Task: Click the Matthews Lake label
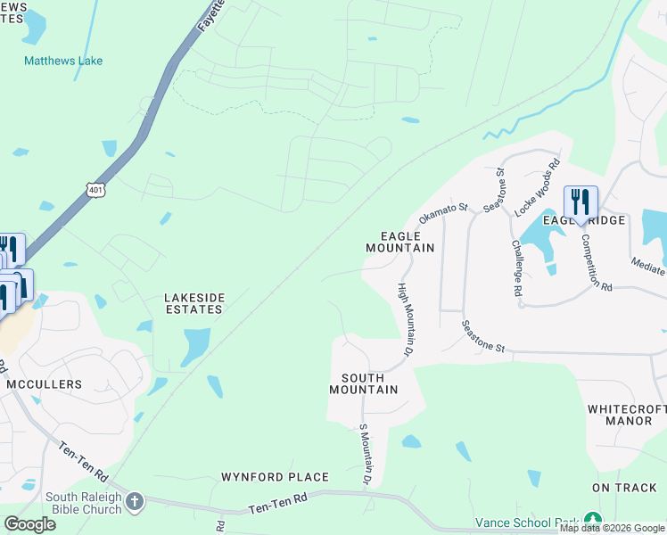click(x=63, y=61)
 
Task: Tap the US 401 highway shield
click(x=96, y=188)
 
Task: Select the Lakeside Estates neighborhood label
click(x=194, y=303)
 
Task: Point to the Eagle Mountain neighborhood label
click(x=400, y=242)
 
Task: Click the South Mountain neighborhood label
click(x=363, y=383)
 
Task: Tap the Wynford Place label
click(x=275, y=477)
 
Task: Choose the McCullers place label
click(x=44, y=384)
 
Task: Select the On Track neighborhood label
click(x=624, y=488)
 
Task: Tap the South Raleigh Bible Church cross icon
click(x=135, y=501)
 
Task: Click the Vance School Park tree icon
click(x=592, y=522)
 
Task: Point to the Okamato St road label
click(x=443, y=212)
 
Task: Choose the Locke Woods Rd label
click(x=538, y=187)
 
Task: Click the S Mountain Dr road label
click(x=365, y=455)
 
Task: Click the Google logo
click(x=29, y=523)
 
